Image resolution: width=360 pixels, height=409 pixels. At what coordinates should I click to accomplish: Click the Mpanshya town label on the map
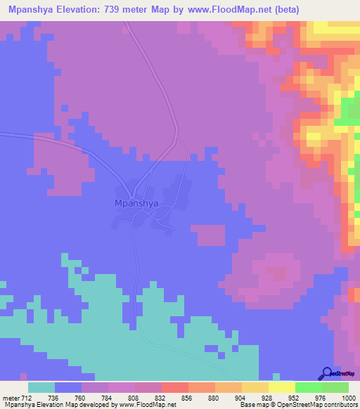(136, 203)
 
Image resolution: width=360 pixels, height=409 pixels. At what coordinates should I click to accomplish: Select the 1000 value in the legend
(341, 397)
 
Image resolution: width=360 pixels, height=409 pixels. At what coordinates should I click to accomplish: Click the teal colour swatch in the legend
(41, 387)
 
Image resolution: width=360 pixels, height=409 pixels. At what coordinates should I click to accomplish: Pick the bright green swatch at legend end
(335, 387)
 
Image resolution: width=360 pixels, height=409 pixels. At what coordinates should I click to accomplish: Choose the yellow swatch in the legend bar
(282, 387)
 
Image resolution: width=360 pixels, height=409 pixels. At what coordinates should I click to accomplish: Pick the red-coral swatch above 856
(174, 387)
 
